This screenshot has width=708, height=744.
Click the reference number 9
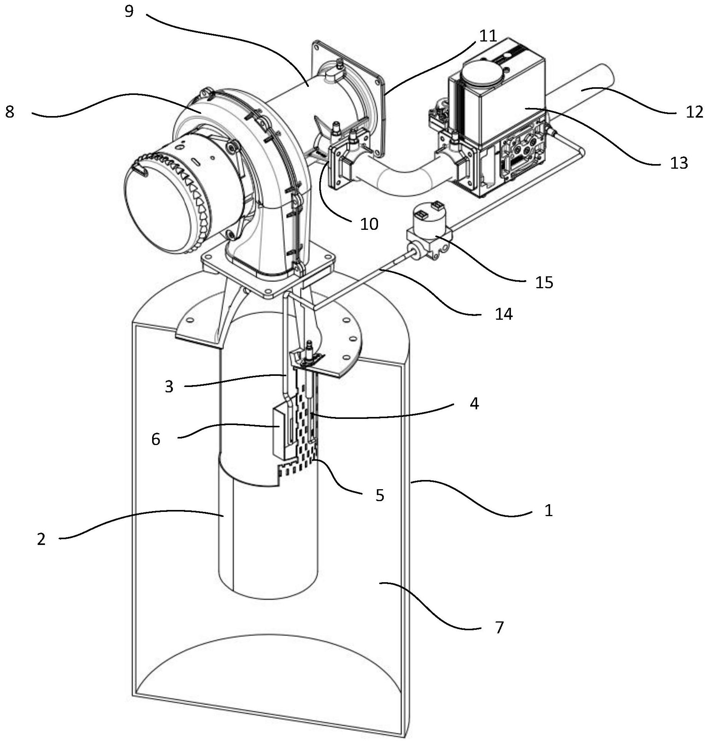129,12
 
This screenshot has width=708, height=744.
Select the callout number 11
488,36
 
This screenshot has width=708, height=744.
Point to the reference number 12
694,112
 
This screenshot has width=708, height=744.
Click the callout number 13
679,163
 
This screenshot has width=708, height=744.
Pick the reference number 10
369,224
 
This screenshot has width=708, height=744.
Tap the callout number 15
544,282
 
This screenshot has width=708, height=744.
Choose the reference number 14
504,314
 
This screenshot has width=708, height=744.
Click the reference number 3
169,387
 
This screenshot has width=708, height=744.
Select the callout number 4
474,404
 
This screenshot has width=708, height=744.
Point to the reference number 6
156,439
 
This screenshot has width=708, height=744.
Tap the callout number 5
380,495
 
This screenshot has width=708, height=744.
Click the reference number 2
41,539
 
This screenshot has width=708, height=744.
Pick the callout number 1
549,510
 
